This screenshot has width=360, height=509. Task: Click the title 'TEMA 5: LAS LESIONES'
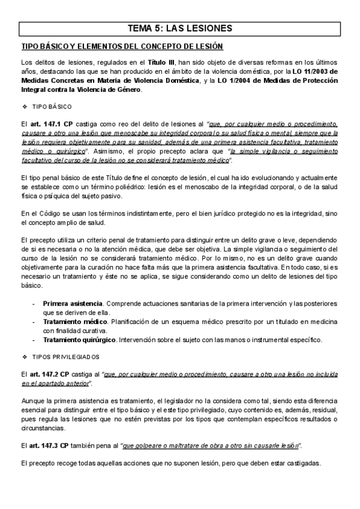click(180, 28)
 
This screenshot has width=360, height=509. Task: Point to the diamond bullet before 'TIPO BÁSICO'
click(24, 107)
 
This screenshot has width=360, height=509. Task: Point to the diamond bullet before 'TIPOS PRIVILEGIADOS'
click(24, 357)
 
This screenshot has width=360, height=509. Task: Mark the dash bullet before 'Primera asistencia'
click(33, 304)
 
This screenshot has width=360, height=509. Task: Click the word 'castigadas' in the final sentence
click(304, 463)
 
